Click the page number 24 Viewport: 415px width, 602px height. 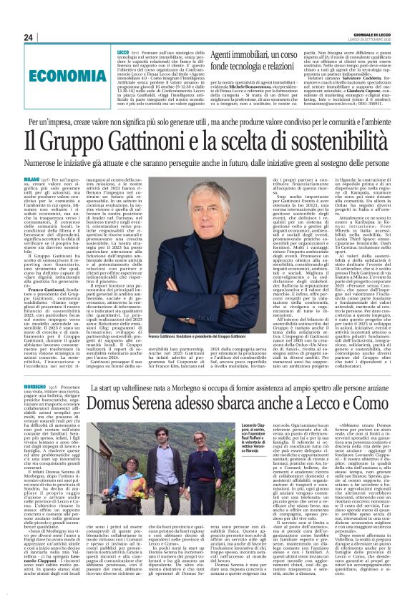click(x=28, y=37)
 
